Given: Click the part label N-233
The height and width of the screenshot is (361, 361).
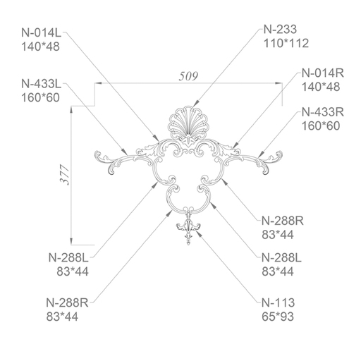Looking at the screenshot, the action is (280, 30).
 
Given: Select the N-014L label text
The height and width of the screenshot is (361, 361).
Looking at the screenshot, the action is (41, 32).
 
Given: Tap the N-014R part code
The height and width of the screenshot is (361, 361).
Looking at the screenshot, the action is (322, 73).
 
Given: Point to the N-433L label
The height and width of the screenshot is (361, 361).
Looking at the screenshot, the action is (41, 84).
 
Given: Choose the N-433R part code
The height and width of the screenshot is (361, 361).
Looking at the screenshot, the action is (322, 112).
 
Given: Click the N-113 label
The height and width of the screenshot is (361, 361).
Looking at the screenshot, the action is (278, 302).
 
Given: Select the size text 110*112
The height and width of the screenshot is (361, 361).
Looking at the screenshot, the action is (286, 44).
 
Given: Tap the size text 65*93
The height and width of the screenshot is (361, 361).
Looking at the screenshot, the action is (278, 317).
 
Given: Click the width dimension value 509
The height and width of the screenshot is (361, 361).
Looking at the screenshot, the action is (188, 76).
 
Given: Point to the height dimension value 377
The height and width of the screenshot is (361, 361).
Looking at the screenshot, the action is (65, 175).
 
